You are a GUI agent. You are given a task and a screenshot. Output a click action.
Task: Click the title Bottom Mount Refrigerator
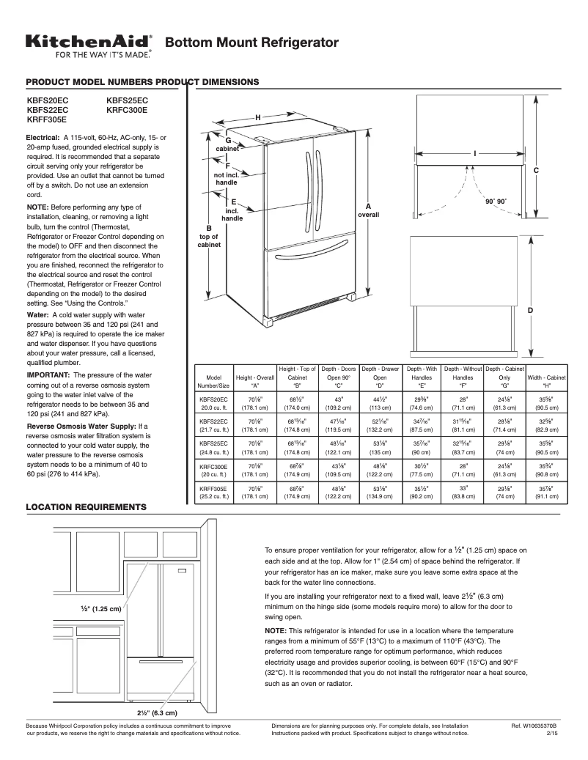tap(251, 43)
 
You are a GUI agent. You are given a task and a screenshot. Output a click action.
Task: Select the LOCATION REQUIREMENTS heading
tap(87, 507)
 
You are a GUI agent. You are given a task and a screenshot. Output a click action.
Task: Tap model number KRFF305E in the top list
tap(47, 119)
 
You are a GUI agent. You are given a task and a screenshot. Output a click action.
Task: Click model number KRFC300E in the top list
tap(127, 109)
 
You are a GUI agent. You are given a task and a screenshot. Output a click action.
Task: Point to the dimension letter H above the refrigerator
tap(258, 117)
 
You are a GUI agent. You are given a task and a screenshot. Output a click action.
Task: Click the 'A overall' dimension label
tap(368, 210)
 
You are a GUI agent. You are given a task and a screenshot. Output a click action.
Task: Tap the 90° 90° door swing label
tap(496, 201)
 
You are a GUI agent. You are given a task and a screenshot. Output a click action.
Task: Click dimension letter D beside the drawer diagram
tap(530, 311)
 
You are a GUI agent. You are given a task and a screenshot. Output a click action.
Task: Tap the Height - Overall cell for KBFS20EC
tap(256, 403)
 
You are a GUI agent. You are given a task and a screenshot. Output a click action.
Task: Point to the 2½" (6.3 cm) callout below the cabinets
tap(157, 712)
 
